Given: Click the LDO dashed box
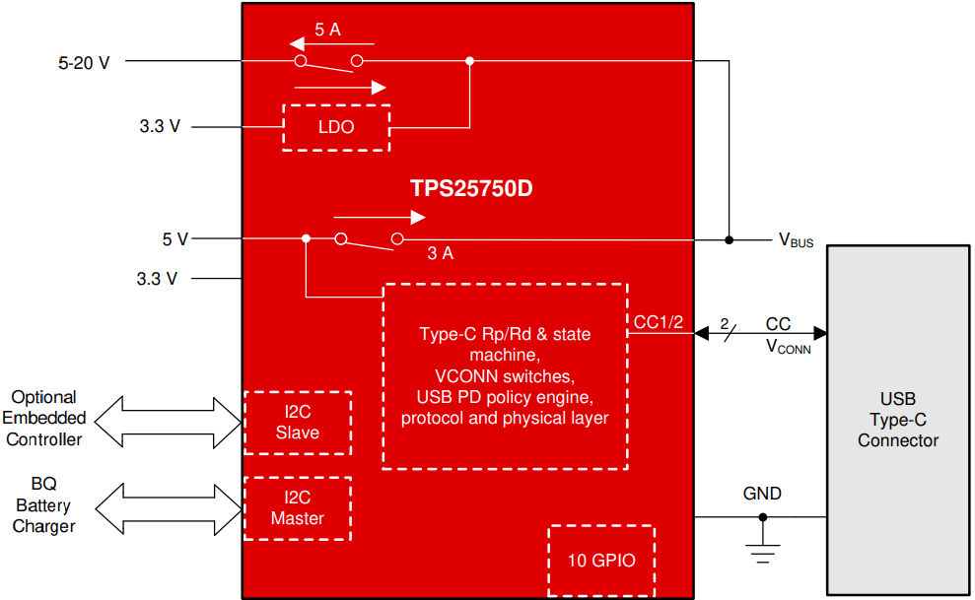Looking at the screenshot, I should tap(336, 127).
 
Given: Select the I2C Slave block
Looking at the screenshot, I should tap(297, 423).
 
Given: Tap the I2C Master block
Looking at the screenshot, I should tap(297, 508).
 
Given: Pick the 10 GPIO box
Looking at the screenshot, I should tap(601, 560).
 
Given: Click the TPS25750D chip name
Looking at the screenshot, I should tap(471, 188).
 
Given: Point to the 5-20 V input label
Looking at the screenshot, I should tap(85, 62).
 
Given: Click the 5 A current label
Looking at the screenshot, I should tap(327, 30).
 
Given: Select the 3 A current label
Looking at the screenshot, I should tap(440, 253).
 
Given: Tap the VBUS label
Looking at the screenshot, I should tap(796, 240).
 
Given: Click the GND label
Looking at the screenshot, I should tap(762, 494).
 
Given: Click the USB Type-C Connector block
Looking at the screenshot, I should tap(897, 420).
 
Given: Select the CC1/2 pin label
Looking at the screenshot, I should tap(658, 322).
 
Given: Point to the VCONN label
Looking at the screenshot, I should tap(788, 347).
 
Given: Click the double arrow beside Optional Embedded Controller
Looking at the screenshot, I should tap(169, 420).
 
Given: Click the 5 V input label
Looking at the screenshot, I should tap(174, 239).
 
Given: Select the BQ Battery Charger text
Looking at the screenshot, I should tap(44, 505).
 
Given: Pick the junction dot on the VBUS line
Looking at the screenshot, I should tap(729, 239).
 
